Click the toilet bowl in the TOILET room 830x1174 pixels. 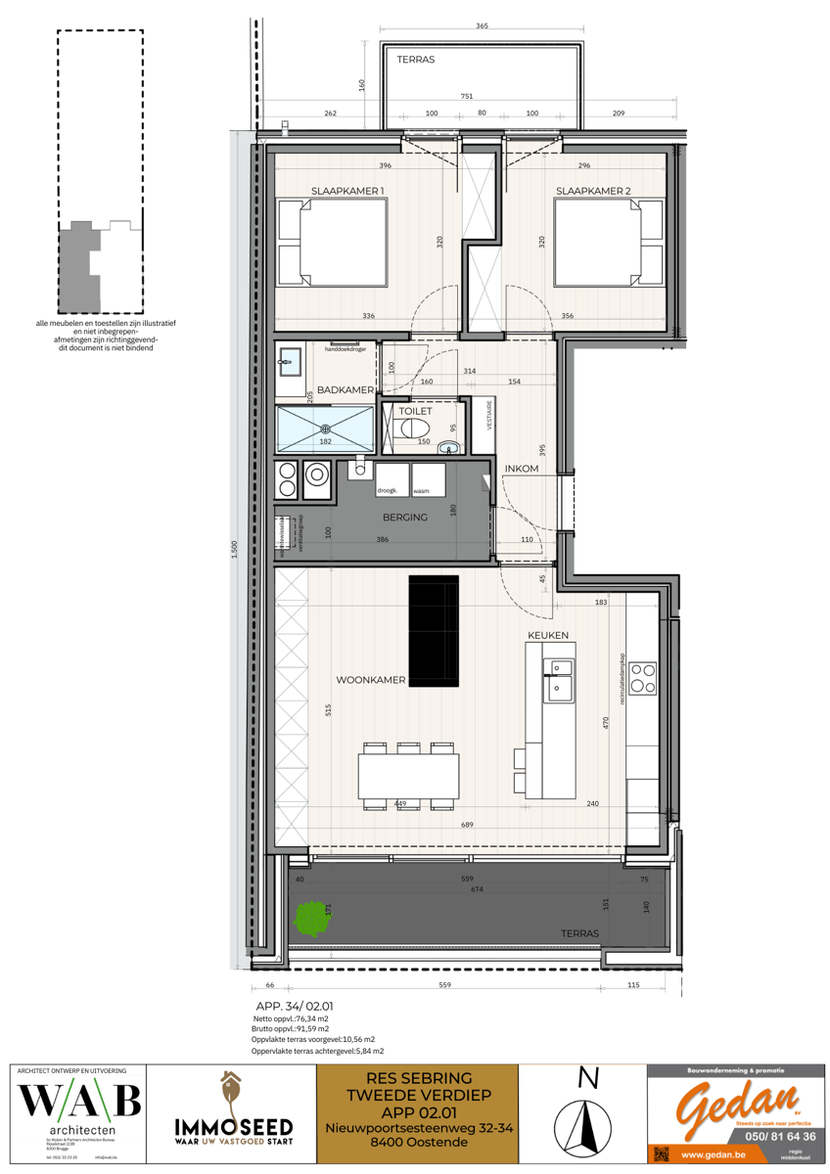point(415,429)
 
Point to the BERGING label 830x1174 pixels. point(405,517)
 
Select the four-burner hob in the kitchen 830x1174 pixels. point(643,677)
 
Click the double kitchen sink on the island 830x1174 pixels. point(560,679)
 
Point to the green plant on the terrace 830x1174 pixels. point(310,918)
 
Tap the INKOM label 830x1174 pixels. point(522,469)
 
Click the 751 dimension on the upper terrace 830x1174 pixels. point(467,97)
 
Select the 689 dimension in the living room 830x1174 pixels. point(468,825)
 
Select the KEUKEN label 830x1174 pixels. point(548,636)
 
